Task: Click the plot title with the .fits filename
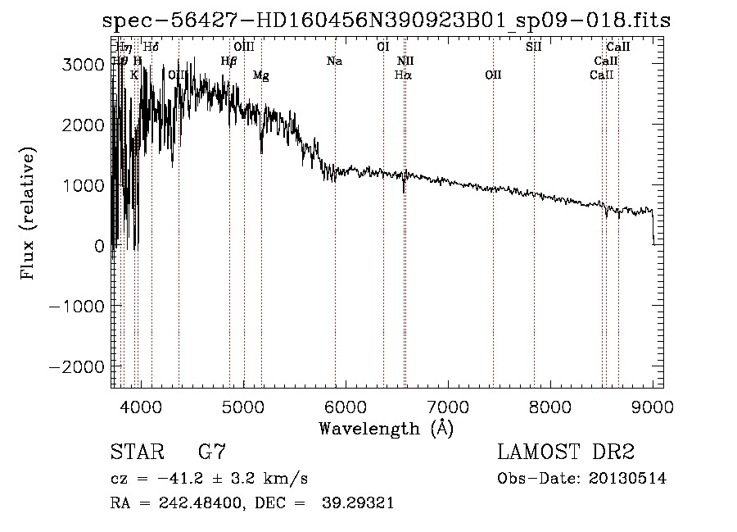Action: point(386,20)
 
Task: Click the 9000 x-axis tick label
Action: point(653,407)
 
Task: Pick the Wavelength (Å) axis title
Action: point(386,428)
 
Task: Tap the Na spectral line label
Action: point(334,61)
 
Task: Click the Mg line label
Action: point(260,75)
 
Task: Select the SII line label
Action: point(533,47)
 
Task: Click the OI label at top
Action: point(382,47)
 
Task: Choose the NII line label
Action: point(406,61)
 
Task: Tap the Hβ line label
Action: point(229,61)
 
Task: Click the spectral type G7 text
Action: point(212,452)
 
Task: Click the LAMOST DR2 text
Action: point(566,452)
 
